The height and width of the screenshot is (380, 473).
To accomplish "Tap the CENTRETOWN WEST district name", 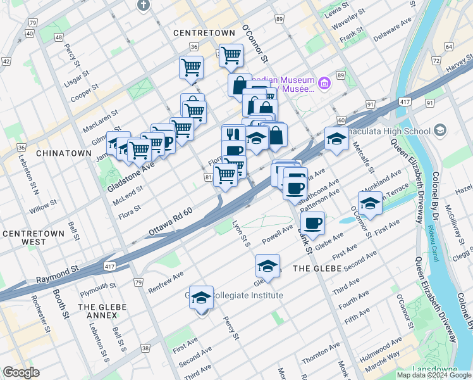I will [x=33, y=237].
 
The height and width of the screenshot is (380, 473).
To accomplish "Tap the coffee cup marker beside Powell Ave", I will [x=312, y=222].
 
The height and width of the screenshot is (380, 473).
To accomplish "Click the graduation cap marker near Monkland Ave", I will [x=370, y=202].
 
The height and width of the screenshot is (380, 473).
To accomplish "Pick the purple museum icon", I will [x=324, y=83].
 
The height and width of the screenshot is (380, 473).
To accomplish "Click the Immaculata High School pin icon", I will [x=440, y=130].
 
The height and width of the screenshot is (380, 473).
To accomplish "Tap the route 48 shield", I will [x=59, y=37].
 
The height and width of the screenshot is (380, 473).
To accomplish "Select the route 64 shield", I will [x=448, y=47].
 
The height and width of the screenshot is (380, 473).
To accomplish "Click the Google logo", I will [x=20, y=372].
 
